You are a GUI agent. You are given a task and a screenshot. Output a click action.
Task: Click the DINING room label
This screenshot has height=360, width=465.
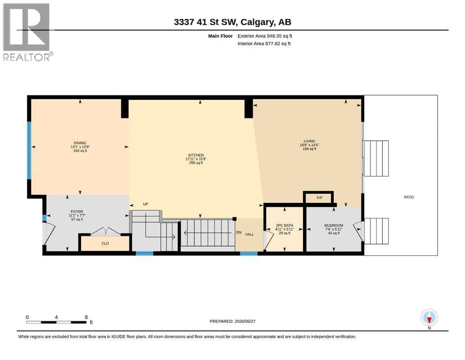coord(80,143)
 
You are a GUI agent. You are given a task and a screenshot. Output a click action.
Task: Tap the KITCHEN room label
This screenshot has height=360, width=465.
coord(196,155)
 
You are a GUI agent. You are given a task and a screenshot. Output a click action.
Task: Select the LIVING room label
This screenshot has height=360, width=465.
coord(310,141)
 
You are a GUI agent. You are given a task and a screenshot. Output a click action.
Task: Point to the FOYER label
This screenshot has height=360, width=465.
coord(77,211)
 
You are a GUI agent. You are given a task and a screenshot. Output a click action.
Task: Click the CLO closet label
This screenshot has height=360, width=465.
coord(105,243)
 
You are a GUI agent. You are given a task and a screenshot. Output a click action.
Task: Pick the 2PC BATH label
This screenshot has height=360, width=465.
coord(284,225)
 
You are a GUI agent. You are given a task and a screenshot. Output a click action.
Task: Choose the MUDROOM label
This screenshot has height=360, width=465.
coord(333,225)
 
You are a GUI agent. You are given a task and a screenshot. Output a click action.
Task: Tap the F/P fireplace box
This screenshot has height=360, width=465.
coord(319,198)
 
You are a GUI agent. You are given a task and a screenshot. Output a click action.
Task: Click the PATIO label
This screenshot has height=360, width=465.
coord(409,197)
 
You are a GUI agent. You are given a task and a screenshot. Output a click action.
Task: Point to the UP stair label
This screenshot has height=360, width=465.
coord(146,204)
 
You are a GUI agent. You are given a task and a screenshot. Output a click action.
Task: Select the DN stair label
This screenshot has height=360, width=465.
coord(239,232)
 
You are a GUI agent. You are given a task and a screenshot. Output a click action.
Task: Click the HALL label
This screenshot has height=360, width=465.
coord(249,234)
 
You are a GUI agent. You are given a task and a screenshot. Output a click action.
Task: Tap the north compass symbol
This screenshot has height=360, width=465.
coord(429,318)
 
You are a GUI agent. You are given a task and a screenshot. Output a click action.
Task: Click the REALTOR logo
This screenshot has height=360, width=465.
coord(28,32)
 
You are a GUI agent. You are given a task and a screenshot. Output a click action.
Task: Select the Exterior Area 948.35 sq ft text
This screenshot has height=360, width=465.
coord(265,36)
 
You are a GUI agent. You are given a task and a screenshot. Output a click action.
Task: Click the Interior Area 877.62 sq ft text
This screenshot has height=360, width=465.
coord(264,44)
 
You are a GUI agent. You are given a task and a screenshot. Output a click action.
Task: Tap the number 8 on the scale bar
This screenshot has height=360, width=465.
coord(86,317)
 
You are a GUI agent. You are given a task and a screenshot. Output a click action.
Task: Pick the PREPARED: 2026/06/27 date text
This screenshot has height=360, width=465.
coord(232,321)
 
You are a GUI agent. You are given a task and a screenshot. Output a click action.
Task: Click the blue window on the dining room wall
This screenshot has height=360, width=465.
coord(29,150)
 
